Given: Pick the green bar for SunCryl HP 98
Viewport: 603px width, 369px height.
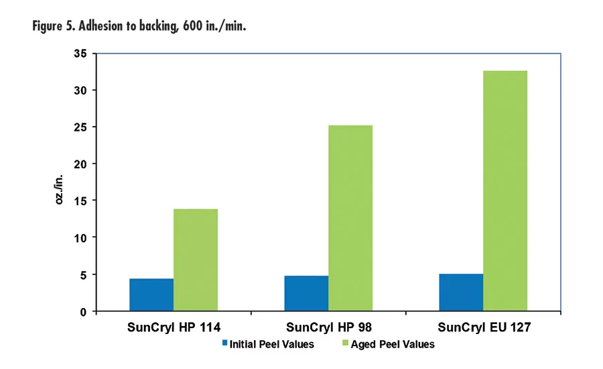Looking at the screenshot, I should pos(350,218).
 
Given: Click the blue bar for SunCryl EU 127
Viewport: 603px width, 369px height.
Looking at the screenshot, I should pos(461,293).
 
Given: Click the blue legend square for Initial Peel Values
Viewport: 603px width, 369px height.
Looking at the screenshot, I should pos(225,344).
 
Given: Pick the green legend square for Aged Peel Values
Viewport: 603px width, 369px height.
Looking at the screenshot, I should pos(346,344).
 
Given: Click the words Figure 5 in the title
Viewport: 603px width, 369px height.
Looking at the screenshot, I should pos(56,27).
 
